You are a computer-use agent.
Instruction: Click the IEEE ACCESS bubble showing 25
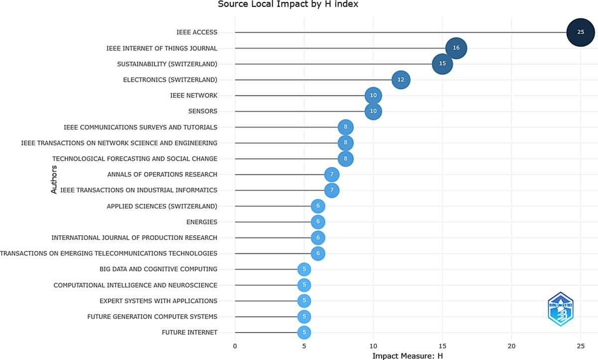click(x=581, y=32)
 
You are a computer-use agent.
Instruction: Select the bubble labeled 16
click(x=456, y=48)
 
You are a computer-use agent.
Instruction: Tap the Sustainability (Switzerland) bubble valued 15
click(x=443, y=64)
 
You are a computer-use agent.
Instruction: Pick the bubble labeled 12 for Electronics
click(x=401, y=80)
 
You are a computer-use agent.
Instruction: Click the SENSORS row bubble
click(x=373, y=111)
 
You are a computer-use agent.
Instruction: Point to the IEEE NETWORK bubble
click(x=373, y=95)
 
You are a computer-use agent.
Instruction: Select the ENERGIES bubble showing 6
click(x=318, y=222)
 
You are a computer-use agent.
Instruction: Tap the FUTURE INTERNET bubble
click(x=304, y=333)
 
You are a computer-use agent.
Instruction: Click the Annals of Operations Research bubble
click(x=332, y=175)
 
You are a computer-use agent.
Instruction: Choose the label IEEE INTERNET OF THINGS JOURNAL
click(x=162, y=48)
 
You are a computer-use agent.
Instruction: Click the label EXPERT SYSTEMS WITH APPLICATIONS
click(x=158, y=301)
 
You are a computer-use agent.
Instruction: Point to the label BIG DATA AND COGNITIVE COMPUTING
click(x=158, y=269)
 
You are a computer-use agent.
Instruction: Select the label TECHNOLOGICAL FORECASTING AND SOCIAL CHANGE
click(x=135, y=159)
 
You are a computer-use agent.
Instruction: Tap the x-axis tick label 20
click(x=511, y=346)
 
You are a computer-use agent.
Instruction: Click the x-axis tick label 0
click(x=235, y=346)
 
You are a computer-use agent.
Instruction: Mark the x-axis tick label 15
click(x=443, y=346)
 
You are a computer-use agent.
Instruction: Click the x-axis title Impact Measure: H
click(x=408, y=356)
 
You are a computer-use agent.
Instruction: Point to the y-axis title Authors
click(x=54, y=180)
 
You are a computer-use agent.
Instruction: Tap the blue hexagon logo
click(x=561, y=309)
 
